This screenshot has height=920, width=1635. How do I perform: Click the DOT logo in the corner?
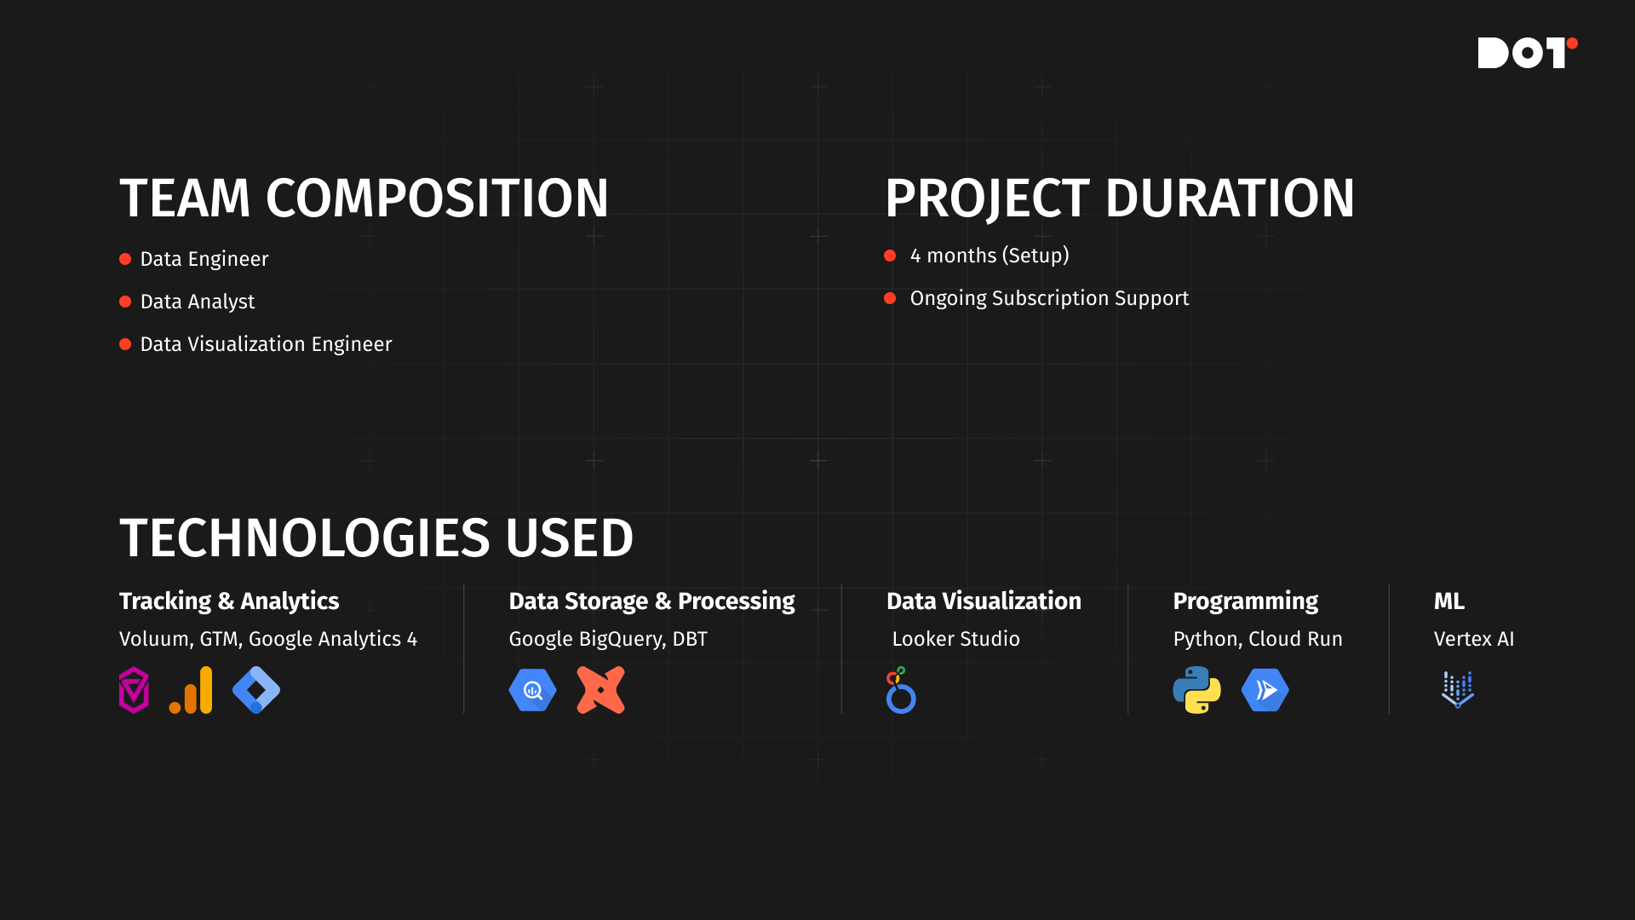click(x=1527, y=53)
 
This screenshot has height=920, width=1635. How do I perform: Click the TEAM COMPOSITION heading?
click(x=364, y=198)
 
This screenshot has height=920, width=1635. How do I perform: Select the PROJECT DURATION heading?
click(x=1120, y=198)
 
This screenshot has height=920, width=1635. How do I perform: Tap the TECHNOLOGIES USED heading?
click(x=376, y=538)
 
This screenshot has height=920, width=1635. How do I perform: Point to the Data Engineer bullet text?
click(x=204, y=259)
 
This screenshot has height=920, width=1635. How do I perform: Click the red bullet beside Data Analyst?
click(x=125, y=302)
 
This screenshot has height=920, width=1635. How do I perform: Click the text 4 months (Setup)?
click(x=990, y=256)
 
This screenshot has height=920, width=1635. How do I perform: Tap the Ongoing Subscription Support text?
click(x=1049, y=298)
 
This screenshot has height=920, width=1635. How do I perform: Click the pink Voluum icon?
click(x=134, y=690)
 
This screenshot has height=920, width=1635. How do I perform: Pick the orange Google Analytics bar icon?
click(x=191, y=690)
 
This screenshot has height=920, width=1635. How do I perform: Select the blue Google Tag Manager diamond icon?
click(x=256, y=690)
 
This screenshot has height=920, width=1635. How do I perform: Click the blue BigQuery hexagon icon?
click(x=532, y=690)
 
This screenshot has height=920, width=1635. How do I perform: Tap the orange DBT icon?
click(x=600, y=690)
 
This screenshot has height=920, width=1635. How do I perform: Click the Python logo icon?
click(x=1196, y=690)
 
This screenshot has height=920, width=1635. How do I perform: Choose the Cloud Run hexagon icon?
click(x=1265, y=690)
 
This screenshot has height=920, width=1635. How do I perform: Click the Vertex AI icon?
click(x=1457, y=690)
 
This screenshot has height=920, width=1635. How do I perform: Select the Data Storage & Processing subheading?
click(x=651, y=601)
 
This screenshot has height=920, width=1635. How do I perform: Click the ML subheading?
click(x=1449, y=601)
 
